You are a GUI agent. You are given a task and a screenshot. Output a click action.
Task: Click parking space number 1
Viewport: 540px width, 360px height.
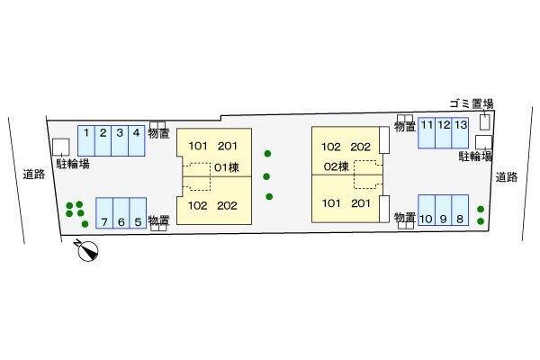86,140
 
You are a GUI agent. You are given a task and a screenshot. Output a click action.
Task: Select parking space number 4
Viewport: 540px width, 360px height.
137,140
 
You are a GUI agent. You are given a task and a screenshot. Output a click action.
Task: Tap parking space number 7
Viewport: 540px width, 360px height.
104,212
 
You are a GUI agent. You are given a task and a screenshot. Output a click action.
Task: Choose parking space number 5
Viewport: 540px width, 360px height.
138,212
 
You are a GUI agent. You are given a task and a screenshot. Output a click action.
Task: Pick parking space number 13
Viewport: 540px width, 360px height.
460,133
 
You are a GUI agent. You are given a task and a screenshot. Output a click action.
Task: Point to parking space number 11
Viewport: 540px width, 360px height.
427,133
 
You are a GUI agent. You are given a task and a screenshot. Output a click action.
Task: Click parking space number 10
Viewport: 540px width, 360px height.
427,210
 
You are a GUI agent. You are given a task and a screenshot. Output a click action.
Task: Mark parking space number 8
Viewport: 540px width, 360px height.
460,210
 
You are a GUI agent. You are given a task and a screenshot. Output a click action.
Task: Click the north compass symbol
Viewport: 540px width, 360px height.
87,250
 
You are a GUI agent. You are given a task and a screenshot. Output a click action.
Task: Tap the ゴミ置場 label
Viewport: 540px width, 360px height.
472,103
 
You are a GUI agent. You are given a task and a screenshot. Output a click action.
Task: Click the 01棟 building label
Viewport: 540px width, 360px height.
227,167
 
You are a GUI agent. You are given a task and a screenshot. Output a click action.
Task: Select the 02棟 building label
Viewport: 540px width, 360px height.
337,166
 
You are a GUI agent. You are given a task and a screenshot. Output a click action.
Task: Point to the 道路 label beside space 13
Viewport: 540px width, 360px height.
507,177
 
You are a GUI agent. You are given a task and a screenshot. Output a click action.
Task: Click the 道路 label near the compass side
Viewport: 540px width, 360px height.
34,174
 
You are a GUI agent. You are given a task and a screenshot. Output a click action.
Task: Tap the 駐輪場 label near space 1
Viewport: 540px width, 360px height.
73,164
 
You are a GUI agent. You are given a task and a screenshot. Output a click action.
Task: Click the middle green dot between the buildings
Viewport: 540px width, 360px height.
266,176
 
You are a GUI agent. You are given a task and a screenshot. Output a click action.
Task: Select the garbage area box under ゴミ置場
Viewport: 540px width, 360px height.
485,122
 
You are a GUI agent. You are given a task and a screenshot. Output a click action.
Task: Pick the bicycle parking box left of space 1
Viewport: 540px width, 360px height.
61,147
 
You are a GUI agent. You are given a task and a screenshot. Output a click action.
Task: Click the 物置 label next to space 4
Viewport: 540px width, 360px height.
158,133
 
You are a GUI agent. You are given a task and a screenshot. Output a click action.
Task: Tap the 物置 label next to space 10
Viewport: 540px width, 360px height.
405,218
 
